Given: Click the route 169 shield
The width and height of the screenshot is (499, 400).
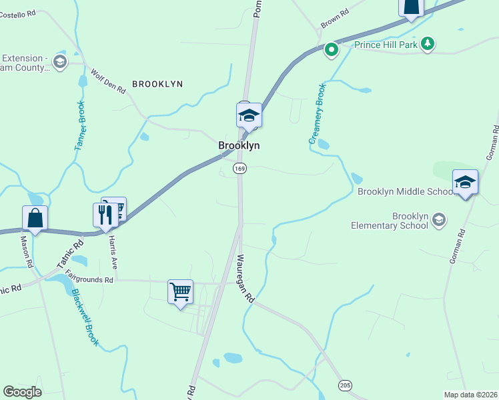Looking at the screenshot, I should click(240, 169).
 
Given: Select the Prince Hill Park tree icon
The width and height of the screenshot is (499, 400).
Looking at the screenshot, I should click(428, 45).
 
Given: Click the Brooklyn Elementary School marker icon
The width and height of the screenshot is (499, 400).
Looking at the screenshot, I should click(438, 219).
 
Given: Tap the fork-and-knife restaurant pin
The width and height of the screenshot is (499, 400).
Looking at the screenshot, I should click(105, 215).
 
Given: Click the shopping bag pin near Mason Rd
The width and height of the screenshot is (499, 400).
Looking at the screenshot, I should click(35, 218).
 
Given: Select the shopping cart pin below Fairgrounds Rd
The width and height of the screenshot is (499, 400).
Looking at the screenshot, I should click(180, 291).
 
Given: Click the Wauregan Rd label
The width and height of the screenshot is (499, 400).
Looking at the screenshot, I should click(245, 279).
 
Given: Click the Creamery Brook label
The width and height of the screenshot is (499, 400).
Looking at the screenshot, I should click(316, 113).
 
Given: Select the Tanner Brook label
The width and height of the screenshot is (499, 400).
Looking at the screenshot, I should click(79, 127).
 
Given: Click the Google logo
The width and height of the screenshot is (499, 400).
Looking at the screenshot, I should click(22, 391).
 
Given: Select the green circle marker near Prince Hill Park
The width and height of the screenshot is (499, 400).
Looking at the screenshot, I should click(331, 49).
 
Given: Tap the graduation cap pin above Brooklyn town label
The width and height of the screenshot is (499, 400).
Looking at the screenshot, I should click(249, 116).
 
